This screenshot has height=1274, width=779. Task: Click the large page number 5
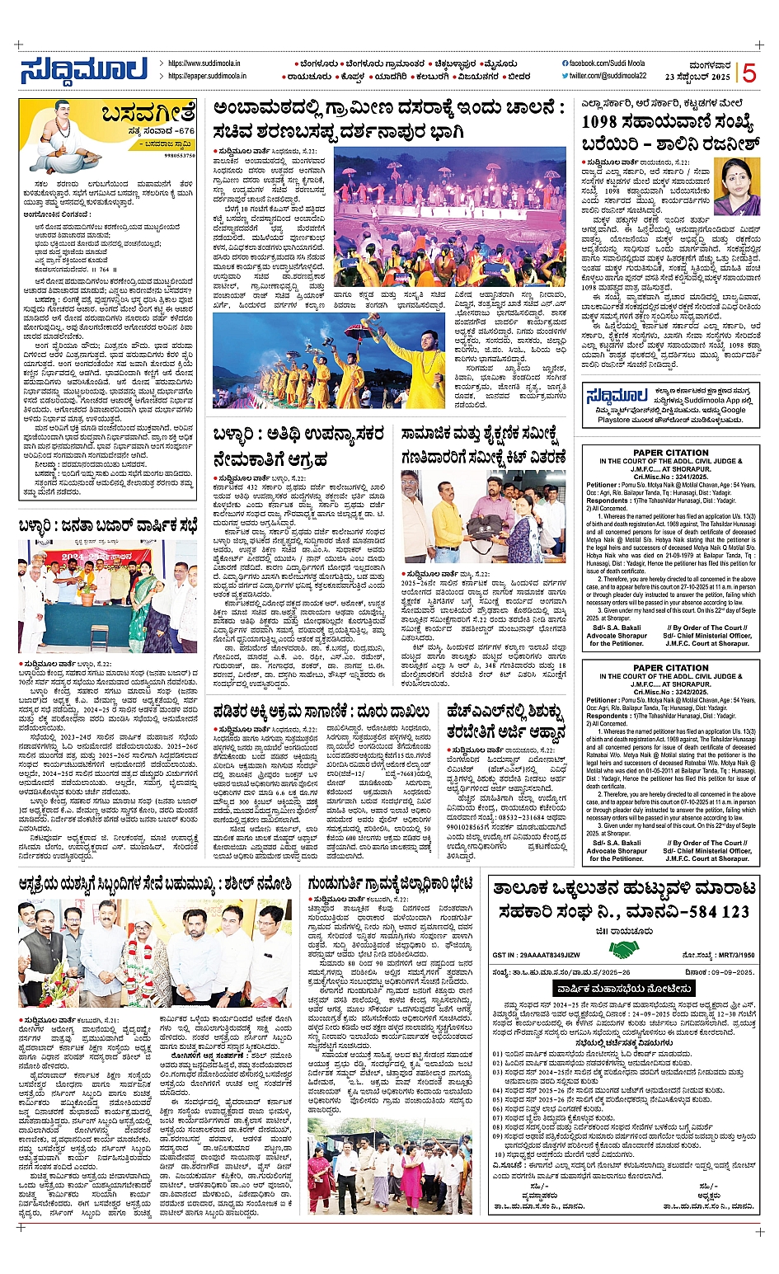748,73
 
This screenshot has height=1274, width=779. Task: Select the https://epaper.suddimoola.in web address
207,76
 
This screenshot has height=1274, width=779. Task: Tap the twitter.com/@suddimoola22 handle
607,76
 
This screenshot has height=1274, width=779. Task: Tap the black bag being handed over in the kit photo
485,522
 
